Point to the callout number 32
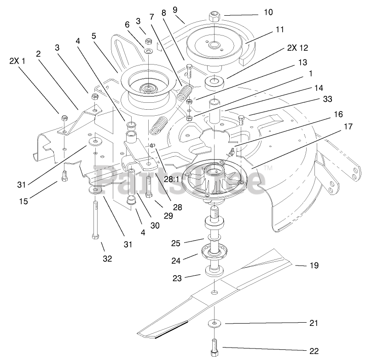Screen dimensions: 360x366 (107, 259)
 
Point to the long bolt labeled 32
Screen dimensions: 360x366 (95, 217)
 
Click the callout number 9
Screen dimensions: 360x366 (174, 9)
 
